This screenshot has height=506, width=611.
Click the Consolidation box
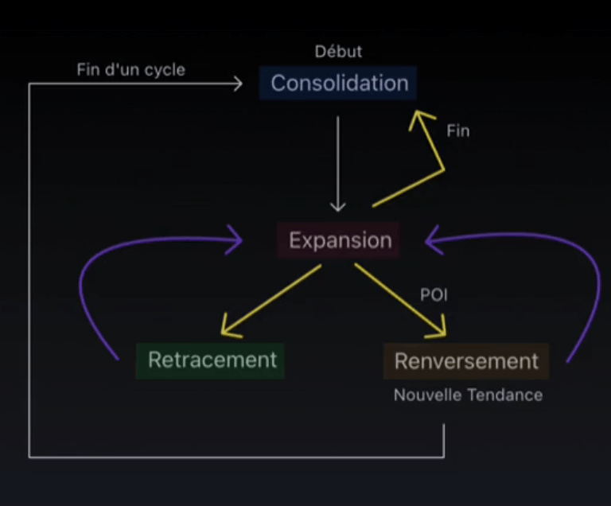point(339,83)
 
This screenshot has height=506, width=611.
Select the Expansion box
point(340,240)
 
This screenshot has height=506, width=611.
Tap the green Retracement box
point(212,360)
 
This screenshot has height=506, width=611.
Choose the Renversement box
point(466,361)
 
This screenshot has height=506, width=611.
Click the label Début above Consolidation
point(338,52)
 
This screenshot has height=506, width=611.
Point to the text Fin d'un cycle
point(130,69)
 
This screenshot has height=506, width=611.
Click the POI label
point(434,294)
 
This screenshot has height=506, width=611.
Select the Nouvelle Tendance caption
point(468,395)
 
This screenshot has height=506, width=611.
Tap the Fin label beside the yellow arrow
point(457,130)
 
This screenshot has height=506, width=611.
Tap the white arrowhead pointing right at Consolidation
point(236,82)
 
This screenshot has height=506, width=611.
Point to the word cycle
point(165,69)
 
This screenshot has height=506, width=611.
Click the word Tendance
point(507,395)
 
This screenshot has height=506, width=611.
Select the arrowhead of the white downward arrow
point(338,206)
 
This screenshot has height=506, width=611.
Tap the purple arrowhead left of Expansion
point(235,239)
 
